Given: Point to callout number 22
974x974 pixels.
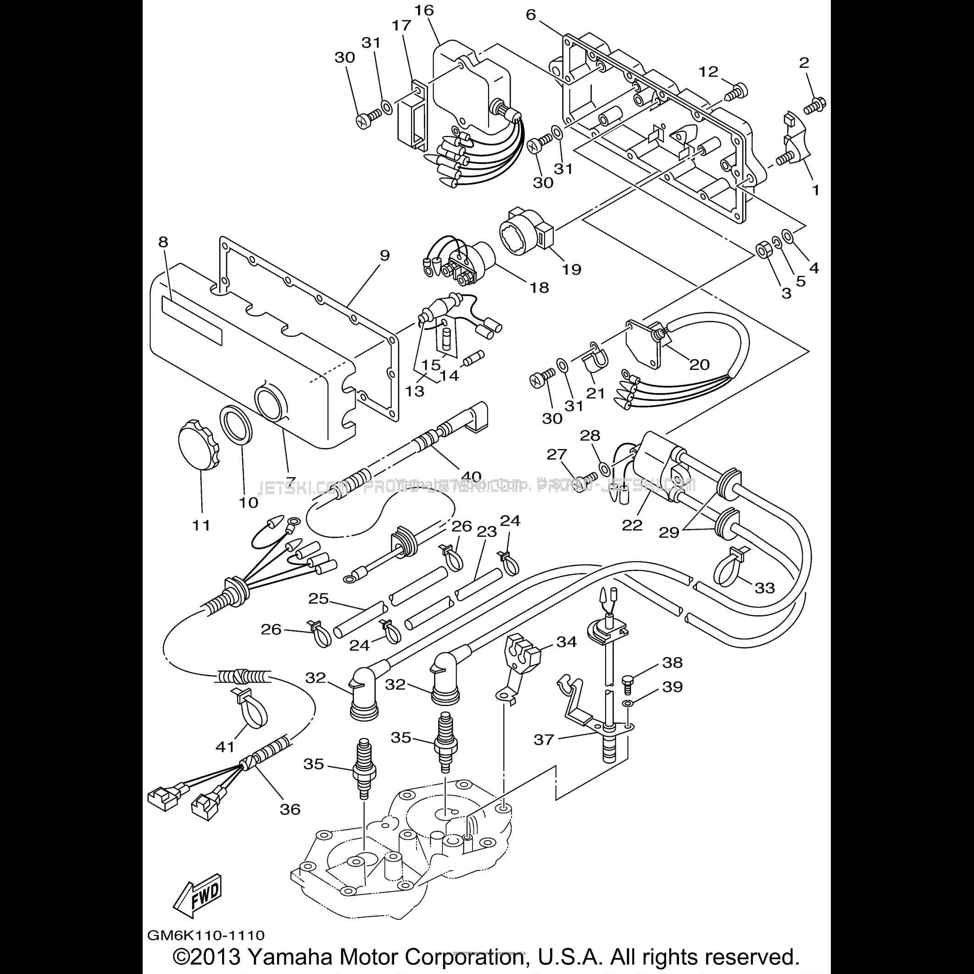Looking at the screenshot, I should pyautogui.click(x=632, y=525).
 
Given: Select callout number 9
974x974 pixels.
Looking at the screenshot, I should pyautogui.click(x=384, y=255).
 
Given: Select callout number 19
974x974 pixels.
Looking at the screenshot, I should pyautogui.click(x=572, y=269).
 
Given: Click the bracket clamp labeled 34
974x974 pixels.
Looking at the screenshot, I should pyautogui.click(x=522, y=652).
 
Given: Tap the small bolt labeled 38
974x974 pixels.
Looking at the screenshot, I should pyautogui.click(x=629, y=681).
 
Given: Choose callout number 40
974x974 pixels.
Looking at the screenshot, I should pyautogui.click(x=470, y=476).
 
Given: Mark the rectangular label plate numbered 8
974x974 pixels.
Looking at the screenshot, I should pyautogui.click(x=192, y=320).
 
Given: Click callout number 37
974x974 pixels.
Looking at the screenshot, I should pyautogui.click(x=544, y=740).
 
